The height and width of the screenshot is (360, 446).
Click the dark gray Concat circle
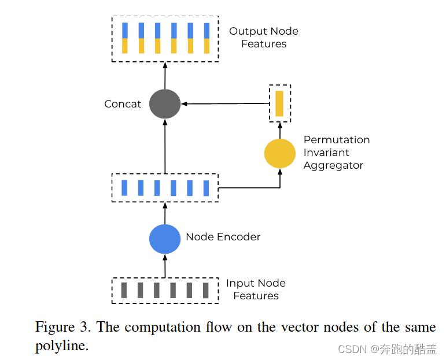tap(165, 104)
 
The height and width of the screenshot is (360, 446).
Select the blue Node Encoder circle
tap(165, 239)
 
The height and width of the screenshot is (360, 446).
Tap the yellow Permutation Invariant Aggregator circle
tap(280, 153)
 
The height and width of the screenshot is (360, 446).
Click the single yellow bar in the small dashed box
tap(279, 103)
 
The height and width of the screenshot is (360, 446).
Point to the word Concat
tap(123, 104)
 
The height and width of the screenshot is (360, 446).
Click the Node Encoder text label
tap(223, 237)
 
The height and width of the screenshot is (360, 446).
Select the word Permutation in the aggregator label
tap(336, 140)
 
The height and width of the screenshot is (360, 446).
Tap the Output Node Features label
tap(264, 38)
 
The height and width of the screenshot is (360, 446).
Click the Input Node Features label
tap(256, 290)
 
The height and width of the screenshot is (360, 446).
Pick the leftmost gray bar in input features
tap(124, 290)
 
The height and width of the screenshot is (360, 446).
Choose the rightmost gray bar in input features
tap(205, 290)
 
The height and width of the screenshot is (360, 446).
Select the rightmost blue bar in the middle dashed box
tap(206, 188)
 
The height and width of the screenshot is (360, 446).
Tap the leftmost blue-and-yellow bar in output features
tap(125, 38)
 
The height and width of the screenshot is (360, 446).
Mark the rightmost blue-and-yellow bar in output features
tap(207, 38)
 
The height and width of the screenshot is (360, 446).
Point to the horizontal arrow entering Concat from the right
tap(226, 104)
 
